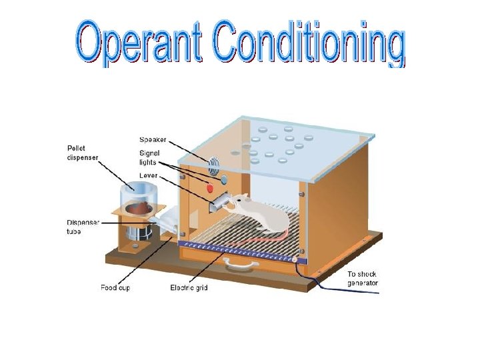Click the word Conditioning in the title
click(309, 44)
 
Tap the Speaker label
click(153, 139)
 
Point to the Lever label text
click(149, 176)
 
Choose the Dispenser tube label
click(83, 227)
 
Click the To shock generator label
click(363, 279)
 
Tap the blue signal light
click(224, 179)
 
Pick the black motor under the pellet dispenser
click(140, 234)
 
